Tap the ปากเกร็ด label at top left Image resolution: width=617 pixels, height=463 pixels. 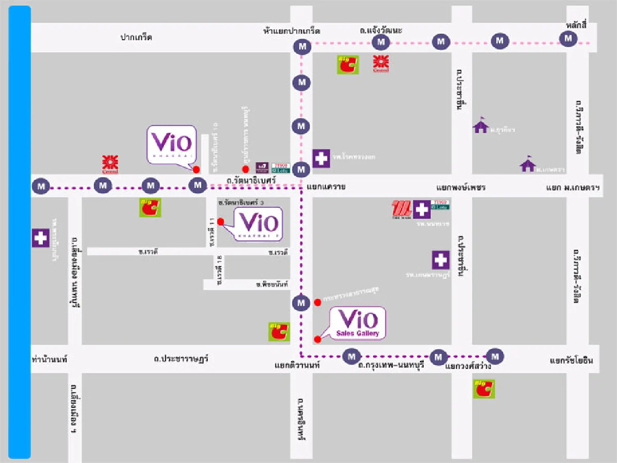[136, 37]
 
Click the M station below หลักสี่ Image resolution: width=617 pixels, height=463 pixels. [568, 39]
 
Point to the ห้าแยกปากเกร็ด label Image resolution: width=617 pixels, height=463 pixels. [291, 31]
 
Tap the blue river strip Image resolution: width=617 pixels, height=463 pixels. [20, 232]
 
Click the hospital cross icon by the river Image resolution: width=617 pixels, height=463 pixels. [41, 238]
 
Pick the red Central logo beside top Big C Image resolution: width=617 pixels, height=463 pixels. [381, 63]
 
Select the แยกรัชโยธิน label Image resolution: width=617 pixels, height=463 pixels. [571, 361]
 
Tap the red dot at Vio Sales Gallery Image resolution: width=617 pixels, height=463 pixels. [317, 339]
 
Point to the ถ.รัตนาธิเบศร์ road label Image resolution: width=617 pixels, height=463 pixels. [251, 181]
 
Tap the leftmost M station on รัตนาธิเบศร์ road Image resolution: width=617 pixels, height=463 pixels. [41, 186]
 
